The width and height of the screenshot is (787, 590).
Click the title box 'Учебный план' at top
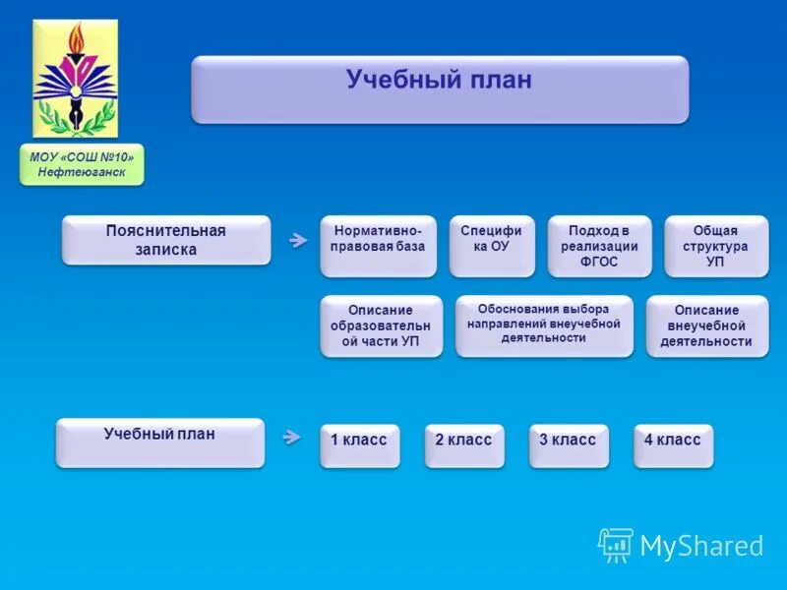point(439,88)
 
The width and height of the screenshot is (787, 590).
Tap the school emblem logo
point(75,79)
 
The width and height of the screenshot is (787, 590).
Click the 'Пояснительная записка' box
point(165,240)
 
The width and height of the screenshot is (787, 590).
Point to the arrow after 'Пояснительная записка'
point(297,240)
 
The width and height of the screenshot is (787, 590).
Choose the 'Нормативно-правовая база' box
point(379,245)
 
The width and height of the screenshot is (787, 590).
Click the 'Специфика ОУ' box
point(492,245)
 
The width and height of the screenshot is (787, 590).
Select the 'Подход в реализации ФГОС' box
point(599,245)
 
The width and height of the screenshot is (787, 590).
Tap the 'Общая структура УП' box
point(715,245)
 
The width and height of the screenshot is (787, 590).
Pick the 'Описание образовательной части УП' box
point(381,324)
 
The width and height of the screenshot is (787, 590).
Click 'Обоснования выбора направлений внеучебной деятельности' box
point(543,324)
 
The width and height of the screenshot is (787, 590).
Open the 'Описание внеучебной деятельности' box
point(707,324)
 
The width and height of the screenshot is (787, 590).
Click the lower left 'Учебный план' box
point(159,442)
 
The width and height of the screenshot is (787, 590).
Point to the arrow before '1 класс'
point(291,437)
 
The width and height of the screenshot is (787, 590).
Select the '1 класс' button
point(359,444)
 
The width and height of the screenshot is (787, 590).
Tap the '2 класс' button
point(463,444)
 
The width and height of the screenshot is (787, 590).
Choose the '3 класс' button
point(568,444)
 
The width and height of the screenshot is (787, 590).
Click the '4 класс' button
point(673,444)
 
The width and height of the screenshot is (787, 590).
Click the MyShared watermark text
point(701,546)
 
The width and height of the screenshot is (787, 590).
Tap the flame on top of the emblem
point(76,39)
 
